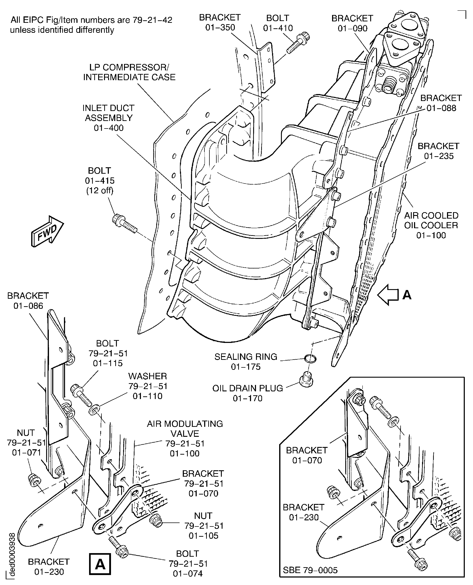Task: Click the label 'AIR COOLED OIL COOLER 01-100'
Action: pyautogui.click(x=431, y=225)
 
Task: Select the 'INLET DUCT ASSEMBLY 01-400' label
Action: pyautogui.click(x=108, y=118)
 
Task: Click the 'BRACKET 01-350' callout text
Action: pyautogui.click(x=220, y=22)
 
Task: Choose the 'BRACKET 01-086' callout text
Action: pyautogui.click(x=28, y=301)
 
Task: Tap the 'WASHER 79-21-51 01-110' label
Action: pyautogui.click(x=148, y=386)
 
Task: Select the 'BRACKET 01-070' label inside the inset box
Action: pyautogui.click(x=307, y=455)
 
